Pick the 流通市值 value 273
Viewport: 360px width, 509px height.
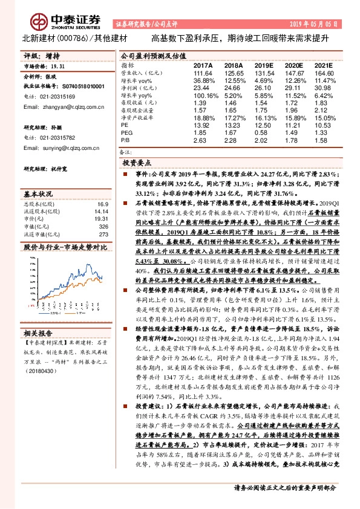pos(103,234)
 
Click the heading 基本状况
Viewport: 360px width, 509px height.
pos(39,193)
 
